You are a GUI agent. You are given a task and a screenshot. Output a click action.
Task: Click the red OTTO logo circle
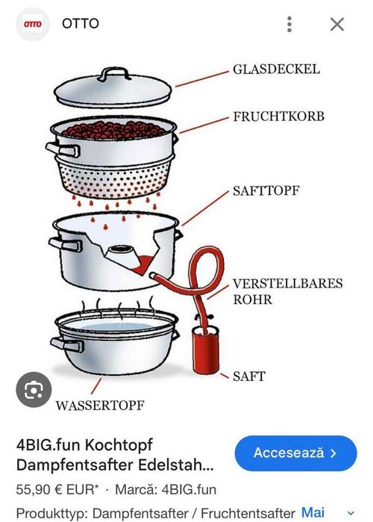point(32,24)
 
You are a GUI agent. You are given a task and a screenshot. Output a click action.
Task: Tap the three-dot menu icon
point(289,24)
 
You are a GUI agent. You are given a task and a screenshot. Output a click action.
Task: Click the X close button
point(337,24)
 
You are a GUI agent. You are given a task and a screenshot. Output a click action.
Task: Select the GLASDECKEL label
point(275,69)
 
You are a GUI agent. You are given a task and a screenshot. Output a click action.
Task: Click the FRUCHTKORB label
point(278,117)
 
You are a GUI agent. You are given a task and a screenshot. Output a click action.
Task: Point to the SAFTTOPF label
point(265,190)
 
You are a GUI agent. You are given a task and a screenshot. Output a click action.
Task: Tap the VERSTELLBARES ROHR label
point(287,291)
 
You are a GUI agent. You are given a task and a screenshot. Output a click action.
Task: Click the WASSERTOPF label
point(99,406)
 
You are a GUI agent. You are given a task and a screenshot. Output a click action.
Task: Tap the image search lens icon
point(34,391)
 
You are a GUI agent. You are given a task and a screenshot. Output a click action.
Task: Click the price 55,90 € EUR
point(48,491)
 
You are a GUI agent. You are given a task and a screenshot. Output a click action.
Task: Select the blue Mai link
point(313,512)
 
